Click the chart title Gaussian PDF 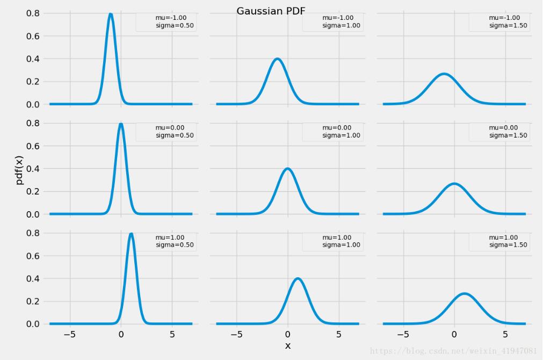pos(271,11)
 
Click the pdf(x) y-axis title pos(20,169)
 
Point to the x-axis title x pos(288,345)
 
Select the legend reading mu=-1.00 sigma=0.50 pos(165,22)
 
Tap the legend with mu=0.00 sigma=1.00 pos(332,132)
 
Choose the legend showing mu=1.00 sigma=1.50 pos(498,241)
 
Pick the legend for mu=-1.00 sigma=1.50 pos(498,22)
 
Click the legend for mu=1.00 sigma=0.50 pos(165,241)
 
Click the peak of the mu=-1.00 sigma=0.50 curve pos(111,14)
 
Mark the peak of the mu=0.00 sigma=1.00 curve pos(288,169)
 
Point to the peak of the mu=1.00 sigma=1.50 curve pos(465,293)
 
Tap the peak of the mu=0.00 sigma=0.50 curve pos(121,124)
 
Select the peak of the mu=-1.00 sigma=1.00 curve pos(278,59)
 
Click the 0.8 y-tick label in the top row pos(33,13)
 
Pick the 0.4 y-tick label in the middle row pos(33,169)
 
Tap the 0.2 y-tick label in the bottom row pos(33,301)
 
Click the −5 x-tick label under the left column pos(70,334)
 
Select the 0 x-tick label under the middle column pos(288,334)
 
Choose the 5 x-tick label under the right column pos(505,334)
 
